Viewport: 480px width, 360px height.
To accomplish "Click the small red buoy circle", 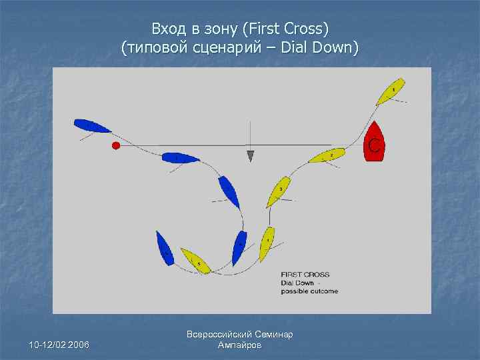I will (116, 145).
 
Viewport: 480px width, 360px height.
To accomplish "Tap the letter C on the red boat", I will (375, 145).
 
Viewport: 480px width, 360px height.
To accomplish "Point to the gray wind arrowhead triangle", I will (250, 156).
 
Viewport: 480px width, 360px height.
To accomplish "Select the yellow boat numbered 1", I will (390, 91).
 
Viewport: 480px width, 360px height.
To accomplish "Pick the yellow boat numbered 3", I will (279, 191).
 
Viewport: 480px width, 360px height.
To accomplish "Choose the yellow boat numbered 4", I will (267, 243).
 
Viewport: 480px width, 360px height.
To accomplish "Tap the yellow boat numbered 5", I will (195, 261).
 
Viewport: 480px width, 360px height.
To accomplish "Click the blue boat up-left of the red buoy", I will (92, 125).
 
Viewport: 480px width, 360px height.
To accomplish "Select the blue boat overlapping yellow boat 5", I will (165, 248).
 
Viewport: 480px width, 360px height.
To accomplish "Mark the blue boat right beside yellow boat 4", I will (239, 247).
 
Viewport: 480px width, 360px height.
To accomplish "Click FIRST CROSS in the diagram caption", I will (305, 275).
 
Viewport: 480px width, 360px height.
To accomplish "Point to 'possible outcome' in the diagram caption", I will (309, 291).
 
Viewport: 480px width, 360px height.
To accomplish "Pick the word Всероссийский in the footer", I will (220, 335).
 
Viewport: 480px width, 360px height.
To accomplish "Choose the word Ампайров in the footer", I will (240, 345).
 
